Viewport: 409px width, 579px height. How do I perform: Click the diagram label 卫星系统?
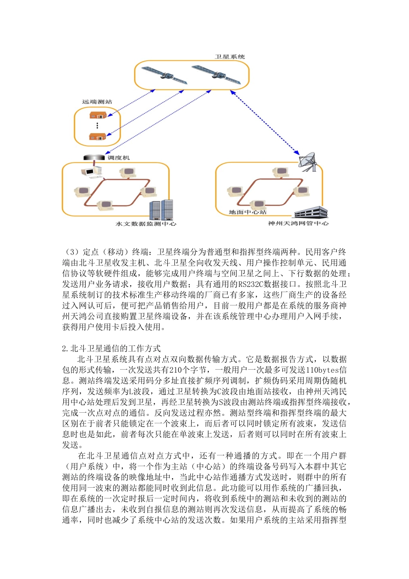click(x=230, y=57)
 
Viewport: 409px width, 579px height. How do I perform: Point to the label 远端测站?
click(x=97, y=102)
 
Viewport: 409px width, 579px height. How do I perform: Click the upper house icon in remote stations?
click(x=98, y=115)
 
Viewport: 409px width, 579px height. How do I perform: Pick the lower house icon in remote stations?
click(x=98, y=137)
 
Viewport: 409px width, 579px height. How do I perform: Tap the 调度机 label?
click(x=118, y=158)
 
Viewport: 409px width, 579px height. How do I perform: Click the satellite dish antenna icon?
click(x=309, y=162)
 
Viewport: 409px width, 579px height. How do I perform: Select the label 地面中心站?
click(x=248, y=212)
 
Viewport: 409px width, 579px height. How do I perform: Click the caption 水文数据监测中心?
click(x=146, y=224)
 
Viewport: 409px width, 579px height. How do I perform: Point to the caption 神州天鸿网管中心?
click(x=298, y=223)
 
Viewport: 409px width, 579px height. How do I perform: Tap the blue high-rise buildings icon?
click(x=161, y=210)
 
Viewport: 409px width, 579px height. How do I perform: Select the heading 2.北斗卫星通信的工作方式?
click(x=112, y=349)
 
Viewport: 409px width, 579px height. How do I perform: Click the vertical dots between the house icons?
click(x=97, y=126)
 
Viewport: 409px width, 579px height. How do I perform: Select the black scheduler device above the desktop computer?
click(x=93, y=158)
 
